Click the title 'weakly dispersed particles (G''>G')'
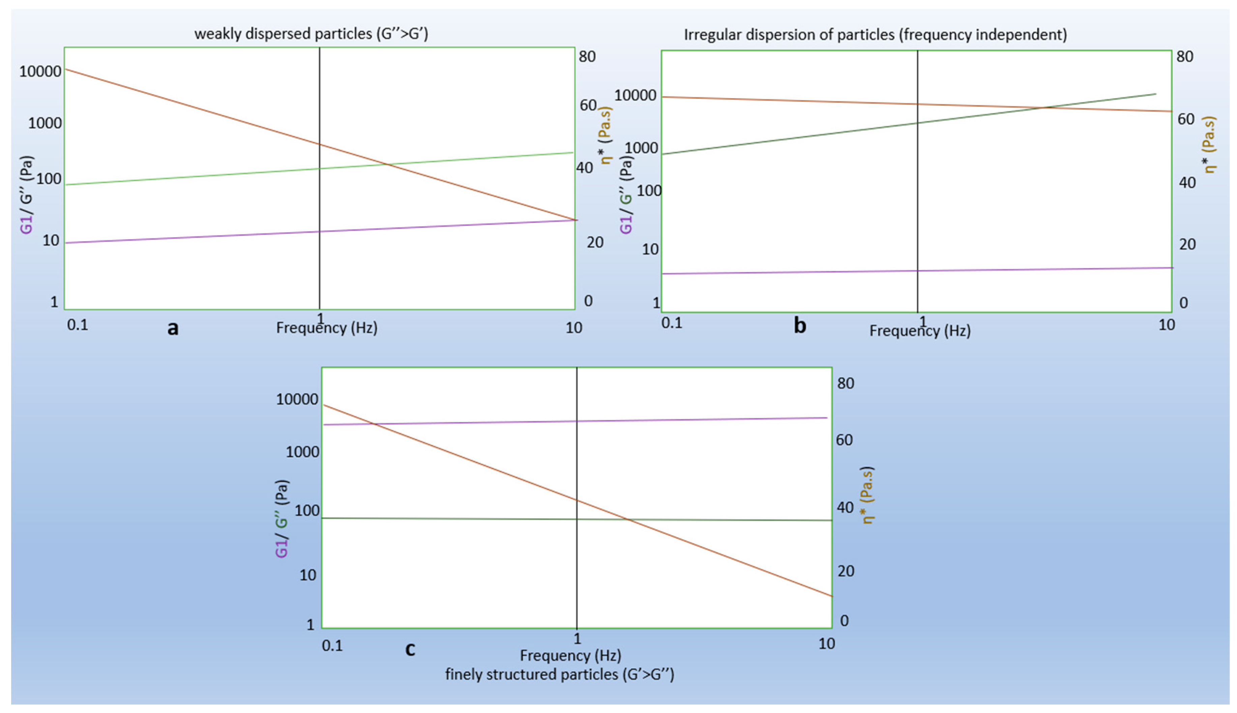coord(311,34)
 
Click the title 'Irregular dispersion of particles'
coord(875,35)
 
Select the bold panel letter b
coord(799,326)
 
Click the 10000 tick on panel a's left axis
coord(40,71)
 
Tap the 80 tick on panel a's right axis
coord(587,56)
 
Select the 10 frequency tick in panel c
coord(826,644)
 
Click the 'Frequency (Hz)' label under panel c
coord(570,655)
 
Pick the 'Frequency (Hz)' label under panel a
coord(326,328)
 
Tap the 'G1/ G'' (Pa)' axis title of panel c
coord(281,519)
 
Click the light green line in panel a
coord(196,177)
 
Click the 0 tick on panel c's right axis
coord(844,620)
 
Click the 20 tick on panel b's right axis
coord(1187,244)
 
